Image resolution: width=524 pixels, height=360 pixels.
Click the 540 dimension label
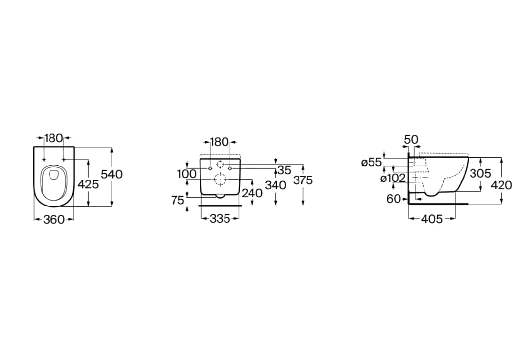click(112, 174)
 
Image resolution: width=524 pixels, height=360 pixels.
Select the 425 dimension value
click(88, 184)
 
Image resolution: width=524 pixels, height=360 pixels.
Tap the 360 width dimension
click(54, 219)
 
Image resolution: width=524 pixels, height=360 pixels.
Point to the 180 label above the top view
click(53, 138)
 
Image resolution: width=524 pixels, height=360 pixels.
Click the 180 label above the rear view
click(220, 142)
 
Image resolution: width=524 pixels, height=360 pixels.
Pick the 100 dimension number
click(186, 174)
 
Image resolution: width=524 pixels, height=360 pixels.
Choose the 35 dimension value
click(284, 170)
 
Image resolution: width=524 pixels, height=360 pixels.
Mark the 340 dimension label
click(275, 185)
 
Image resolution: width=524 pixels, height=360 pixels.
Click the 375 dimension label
click(303, 180)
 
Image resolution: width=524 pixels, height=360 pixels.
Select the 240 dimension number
click(252, 193)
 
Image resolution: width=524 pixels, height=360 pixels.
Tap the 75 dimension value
click(177, 200)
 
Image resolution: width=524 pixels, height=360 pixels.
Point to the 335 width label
click(220, 219)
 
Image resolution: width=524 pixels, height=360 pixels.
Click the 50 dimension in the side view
click(411, 139)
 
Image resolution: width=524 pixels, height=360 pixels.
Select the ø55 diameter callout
click(371, 162)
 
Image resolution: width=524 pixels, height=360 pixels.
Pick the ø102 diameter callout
click(393, 178)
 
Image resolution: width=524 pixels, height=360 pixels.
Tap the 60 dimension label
click(393, 199)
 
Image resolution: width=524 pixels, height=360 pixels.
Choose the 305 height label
click(480, 173)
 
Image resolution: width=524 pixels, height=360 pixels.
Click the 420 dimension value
click(501, 185)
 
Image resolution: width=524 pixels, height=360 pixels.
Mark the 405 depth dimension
click(432, 219)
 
